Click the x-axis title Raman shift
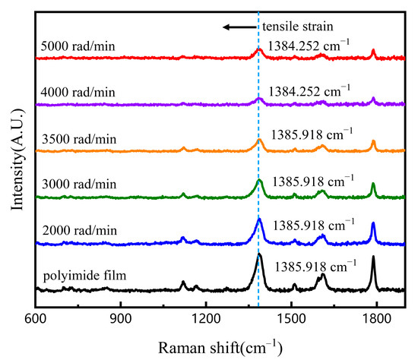pos(220,348)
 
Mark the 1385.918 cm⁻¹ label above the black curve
pos(313,267)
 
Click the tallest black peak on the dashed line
pos(259,255)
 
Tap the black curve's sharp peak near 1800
pos(373,258)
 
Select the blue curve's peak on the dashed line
pos(259,219)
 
